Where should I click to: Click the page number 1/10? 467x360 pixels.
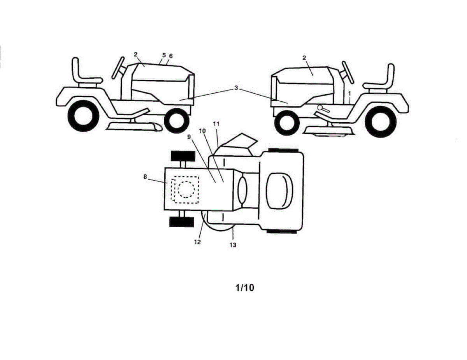pyautogui.click(x=244, y=288)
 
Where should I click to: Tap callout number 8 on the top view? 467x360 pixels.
pyautogui.click(x=145, y=177)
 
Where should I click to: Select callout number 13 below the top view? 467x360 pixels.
pyautogui.click(x=233, y=245)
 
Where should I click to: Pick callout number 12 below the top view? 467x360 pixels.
pyautogui.click(x=197, y=242)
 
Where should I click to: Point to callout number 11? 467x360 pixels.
pyautogui.click(x=216, y=124)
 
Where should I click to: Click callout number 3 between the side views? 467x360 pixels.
pyautogui.click(x=236, y=88)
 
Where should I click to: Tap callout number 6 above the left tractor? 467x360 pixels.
pyautogui.click(x=171, y=56)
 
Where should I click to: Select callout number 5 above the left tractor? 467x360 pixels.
pyautogui.click(x=164, y=55)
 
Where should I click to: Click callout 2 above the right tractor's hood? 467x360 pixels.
pyautogui.click(x=304, y=58)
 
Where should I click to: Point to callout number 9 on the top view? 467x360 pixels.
pyautogui.click(x=189, y=137)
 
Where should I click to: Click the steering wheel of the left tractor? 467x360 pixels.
pyautogui.click(x=118, y=67)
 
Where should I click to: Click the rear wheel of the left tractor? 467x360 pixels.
pyautogui.click(x=84, y=116)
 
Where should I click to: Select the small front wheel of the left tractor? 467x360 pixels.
pyautogui.click(x=177, y=121)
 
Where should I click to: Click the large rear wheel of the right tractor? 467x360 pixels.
pyautogui.click(x=381, y=122)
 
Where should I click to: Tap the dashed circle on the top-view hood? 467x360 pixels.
pyautogui.click(x=186, y=189)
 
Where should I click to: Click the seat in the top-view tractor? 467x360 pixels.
pyautogui.click(x=279, y=191)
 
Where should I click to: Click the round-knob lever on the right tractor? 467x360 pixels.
pyautogui.click(x=323, y=109)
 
